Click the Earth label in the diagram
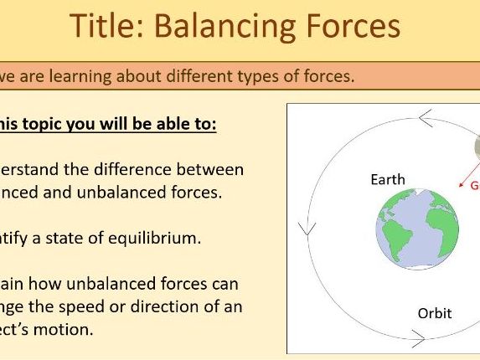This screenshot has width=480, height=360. pyautogui.click(x=387, y=179)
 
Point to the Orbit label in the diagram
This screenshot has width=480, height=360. pyautogui.click(x=434, y=313)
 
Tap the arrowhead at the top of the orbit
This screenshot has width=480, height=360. pyautogui.click(x=425, y=119)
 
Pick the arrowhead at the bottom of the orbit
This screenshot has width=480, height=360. pyautogui.click(x=416, y=339)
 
